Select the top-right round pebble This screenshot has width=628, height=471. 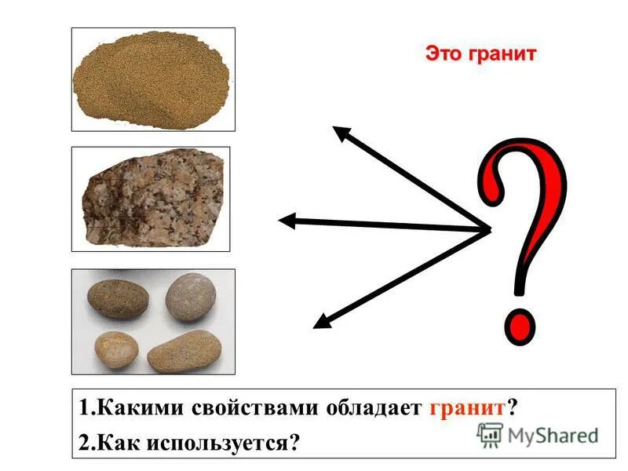click(190, 297)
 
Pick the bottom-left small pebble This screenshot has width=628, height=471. click(116, 349)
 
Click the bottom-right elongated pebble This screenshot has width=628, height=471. click(184, 352)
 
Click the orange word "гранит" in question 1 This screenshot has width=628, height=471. click(468, 408)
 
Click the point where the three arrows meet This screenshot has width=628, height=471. click(488, 230)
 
